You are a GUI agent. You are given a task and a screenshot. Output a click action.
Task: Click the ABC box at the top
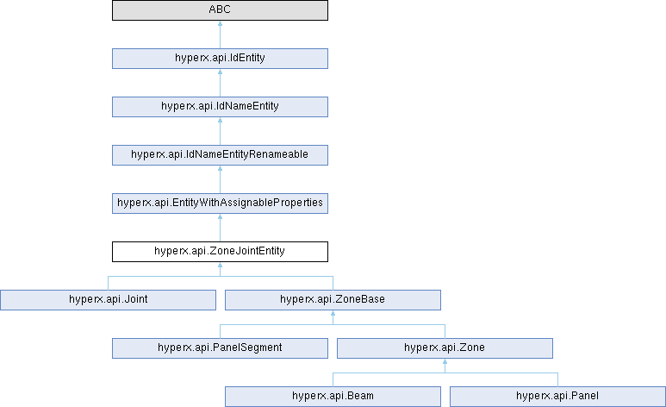(220, 10)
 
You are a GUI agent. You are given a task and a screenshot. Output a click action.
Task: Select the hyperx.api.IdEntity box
(220, 59)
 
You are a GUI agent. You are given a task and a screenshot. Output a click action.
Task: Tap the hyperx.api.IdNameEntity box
(220, 107)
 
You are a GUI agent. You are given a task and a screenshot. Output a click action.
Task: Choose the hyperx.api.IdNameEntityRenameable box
(220, 155)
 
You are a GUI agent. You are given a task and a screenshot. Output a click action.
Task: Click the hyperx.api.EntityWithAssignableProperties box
(220, 203)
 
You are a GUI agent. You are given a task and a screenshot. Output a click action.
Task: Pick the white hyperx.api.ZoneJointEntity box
(220, 252)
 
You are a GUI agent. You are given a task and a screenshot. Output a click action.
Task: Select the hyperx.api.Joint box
(108, 300)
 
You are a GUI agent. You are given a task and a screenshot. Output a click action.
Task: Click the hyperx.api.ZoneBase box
(333, 300)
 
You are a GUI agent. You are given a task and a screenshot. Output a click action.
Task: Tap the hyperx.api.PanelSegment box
(220, 348)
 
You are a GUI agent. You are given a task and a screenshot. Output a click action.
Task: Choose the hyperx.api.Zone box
(445, 348)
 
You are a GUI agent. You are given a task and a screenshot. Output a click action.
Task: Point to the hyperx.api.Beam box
(333, 397)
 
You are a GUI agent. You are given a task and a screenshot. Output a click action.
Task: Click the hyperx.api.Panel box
(557, 397)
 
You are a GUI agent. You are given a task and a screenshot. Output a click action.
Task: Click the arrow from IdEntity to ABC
(220, 34)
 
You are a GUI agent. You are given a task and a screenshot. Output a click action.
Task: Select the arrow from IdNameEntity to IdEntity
(220, 83)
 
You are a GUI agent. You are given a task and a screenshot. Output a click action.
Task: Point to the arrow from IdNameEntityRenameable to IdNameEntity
(220, 131)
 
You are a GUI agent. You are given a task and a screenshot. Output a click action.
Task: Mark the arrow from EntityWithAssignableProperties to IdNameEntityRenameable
(220, 179)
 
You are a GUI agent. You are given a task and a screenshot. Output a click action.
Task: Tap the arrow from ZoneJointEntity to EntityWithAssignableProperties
(220, 228)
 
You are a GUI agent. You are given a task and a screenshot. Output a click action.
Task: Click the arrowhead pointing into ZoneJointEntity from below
(220, 265)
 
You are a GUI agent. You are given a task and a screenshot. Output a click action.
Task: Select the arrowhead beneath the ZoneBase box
(333, 313)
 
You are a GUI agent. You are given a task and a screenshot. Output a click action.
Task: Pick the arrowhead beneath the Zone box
(445, 361)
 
